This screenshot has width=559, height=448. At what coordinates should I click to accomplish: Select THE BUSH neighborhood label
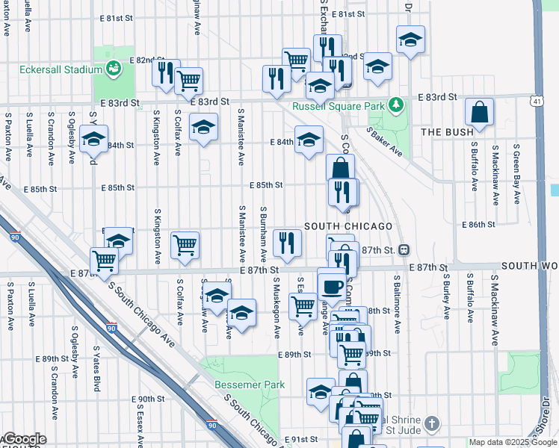point(447,132)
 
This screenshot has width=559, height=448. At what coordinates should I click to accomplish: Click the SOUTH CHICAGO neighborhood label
point(348,226)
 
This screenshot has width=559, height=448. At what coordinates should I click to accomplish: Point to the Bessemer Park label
point(250,385)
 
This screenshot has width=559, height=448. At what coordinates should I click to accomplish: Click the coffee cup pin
point(332,284)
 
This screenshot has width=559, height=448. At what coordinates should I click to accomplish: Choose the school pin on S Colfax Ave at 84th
point(203,128)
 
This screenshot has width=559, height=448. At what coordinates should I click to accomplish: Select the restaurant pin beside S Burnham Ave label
point(287,241)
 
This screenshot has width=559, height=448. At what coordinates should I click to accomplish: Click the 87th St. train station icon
point(404,249)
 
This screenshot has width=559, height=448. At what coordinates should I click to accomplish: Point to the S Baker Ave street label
point(385,142)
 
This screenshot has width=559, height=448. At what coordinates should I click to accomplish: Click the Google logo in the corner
point(24,439)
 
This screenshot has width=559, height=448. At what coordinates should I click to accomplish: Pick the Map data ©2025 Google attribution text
point(513,443)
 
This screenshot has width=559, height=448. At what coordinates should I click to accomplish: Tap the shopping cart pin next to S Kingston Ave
point(185,244)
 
